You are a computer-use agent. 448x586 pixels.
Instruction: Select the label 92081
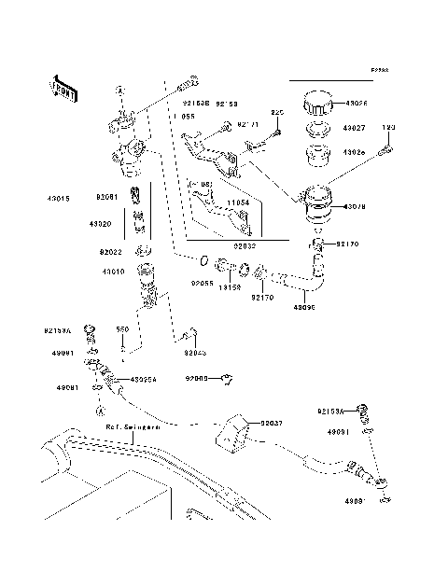click(x=106, y=197)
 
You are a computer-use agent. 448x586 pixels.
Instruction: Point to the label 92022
click(x=111, y=252)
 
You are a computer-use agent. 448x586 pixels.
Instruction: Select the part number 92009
click(x=197, y=379)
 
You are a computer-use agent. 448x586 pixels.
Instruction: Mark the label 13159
click(x=231, y=288)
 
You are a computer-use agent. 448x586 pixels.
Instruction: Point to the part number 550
click(x=121, y=329)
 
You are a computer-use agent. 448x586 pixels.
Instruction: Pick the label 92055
click(x=203, y=281)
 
